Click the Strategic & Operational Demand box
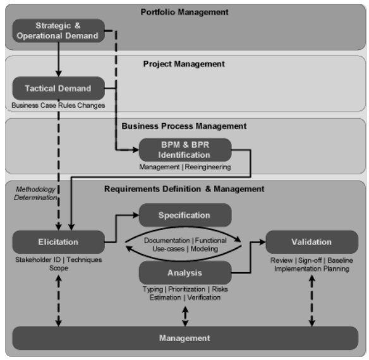coord(58,31)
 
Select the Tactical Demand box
coord(58,88)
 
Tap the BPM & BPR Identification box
coord(185,150)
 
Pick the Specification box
coord(185,215)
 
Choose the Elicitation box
coord(58,242)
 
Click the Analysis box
coord(185,273)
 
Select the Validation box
coord(312,242)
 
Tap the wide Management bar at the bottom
coord(185,338)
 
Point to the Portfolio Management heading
coord(184,12)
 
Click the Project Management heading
coord(184,64)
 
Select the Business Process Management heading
coord(184,126)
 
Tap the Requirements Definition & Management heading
coord(184,189)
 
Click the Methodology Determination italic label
coord(35,193)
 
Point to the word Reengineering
coord(208,167)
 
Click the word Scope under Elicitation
coord(59,268)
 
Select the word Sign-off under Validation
coord(310,260)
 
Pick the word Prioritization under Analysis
coord(187,289)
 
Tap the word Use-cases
coord(169,249)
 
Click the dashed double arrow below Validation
coord(312,301)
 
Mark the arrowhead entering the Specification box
coord(136,215)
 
